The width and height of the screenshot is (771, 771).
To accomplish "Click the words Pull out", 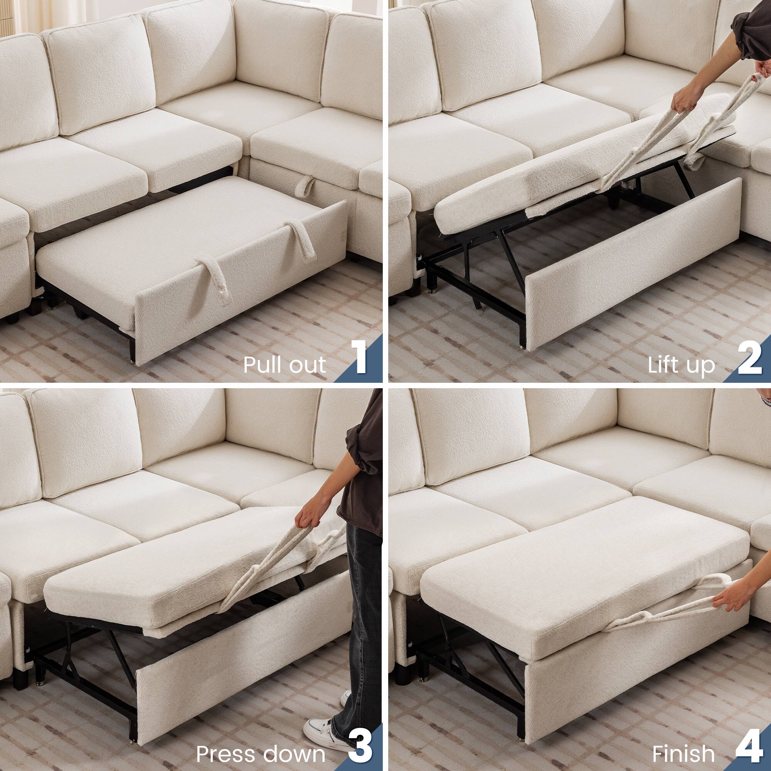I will pos(284,365).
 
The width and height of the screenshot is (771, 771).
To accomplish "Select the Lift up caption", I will pos(681,365).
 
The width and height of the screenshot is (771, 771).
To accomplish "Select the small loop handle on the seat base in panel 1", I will pos(306,186).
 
